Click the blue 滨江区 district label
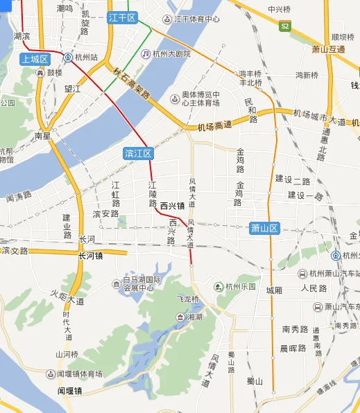coord(137,153)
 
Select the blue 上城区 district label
coord(35,59)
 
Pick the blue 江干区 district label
coord(123,19)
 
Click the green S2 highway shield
coord(284,26)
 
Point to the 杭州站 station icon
coord(68,58)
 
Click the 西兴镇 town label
coord(172,206)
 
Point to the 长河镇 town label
coord(91,255)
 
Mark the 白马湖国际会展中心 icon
coord(116,283)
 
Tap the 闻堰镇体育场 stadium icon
coord(51,374)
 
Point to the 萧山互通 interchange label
coord(328,50)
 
